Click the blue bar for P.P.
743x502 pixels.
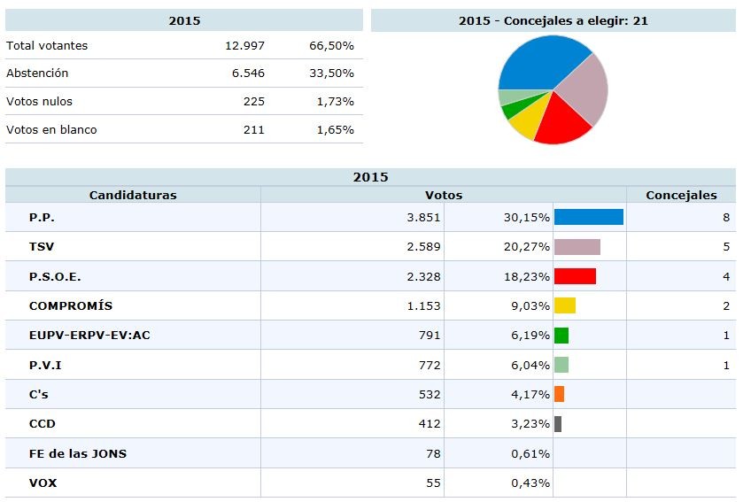(588, 217)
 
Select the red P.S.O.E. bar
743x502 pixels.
(575, 276)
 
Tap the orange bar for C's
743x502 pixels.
(559, 394)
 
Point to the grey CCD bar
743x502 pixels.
(558, 424)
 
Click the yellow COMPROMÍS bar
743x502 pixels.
(564, 305)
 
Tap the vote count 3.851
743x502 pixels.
(423, 218)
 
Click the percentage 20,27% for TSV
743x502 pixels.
(526, 247)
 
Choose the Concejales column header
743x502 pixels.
(681, 195)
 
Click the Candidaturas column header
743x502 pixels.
(133, 195)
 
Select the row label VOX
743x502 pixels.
(43, 483)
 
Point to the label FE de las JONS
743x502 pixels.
(78, 453)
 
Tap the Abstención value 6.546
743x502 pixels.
(248, 73)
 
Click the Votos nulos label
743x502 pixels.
(39, 102)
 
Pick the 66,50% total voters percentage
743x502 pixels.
(335, 45)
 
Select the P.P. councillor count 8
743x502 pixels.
(726, 218)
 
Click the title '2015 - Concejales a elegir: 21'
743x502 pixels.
(553, 20)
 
